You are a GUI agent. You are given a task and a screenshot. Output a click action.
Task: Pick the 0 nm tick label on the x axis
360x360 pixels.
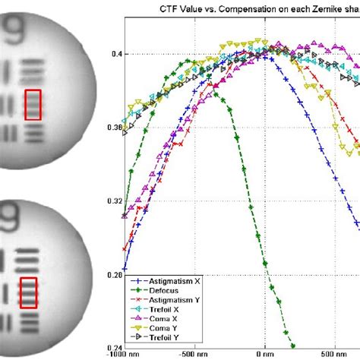tap(264, 354)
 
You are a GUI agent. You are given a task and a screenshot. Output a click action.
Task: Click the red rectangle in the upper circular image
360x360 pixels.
tap(33, 104)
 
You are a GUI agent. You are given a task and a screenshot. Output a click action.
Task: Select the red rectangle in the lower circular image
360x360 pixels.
tap(28, 292)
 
